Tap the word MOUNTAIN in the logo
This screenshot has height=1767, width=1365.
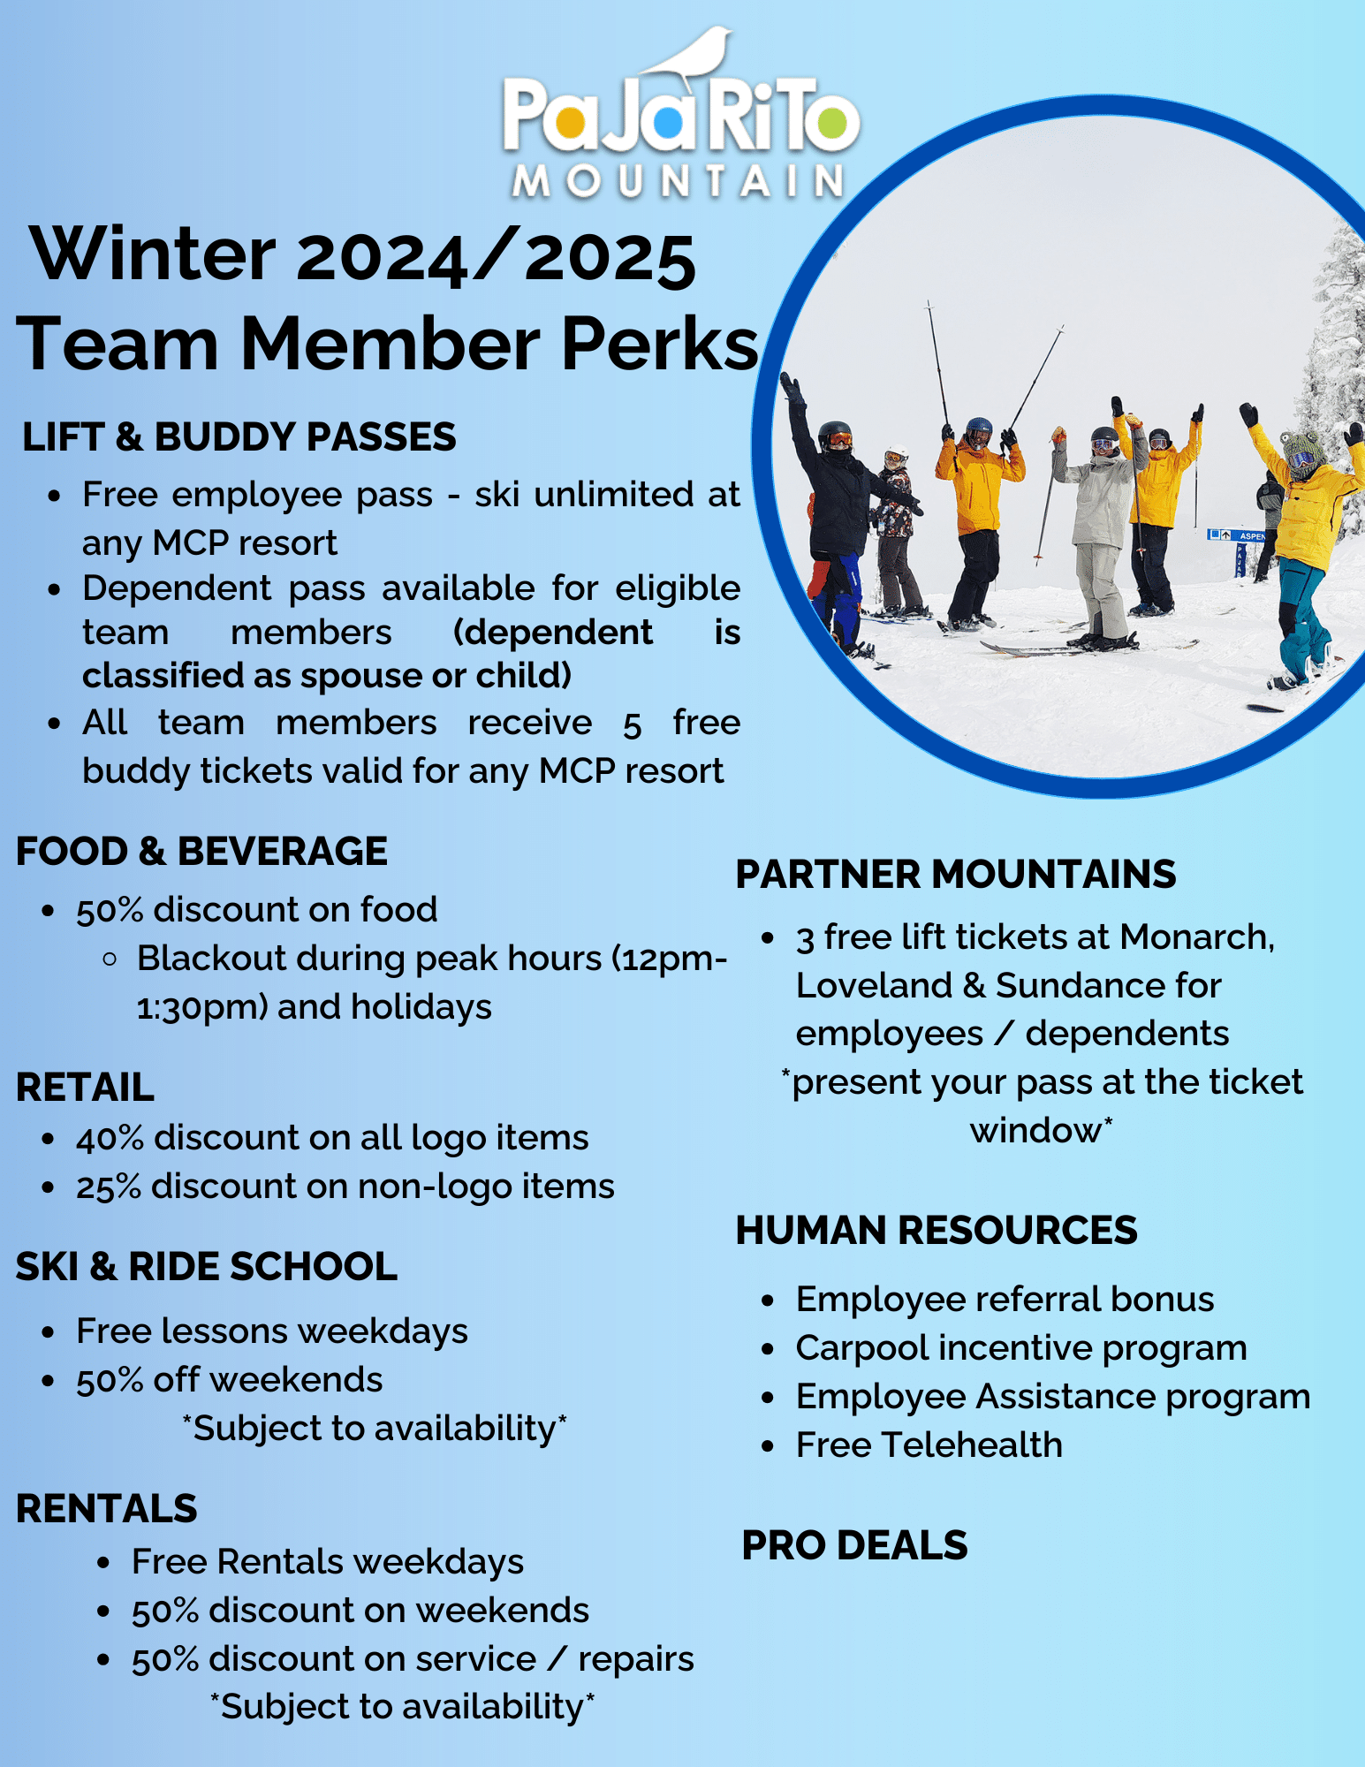[x=679, y=181]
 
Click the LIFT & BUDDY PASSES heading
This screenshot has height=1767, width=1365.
[x=239, y=436]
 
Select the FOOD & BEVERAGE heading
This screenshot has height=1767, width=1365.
[x=201, y=851]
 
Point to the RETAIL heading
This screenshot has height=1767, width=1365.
[x=85, y=1087]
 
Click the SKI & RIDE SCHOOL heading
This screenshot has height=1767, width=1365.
[x=207, y=1266]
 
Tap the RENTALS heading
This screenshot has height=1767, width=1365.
[x=106, y=1508]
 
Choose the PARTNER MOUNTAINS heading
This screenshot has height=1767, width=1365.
[x=956, y=874]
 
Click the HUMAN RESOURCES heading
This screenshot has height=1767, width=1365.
[x=937, y=1230]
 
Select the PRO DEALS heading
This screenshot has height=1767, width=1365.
[x=854, y=1545]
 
